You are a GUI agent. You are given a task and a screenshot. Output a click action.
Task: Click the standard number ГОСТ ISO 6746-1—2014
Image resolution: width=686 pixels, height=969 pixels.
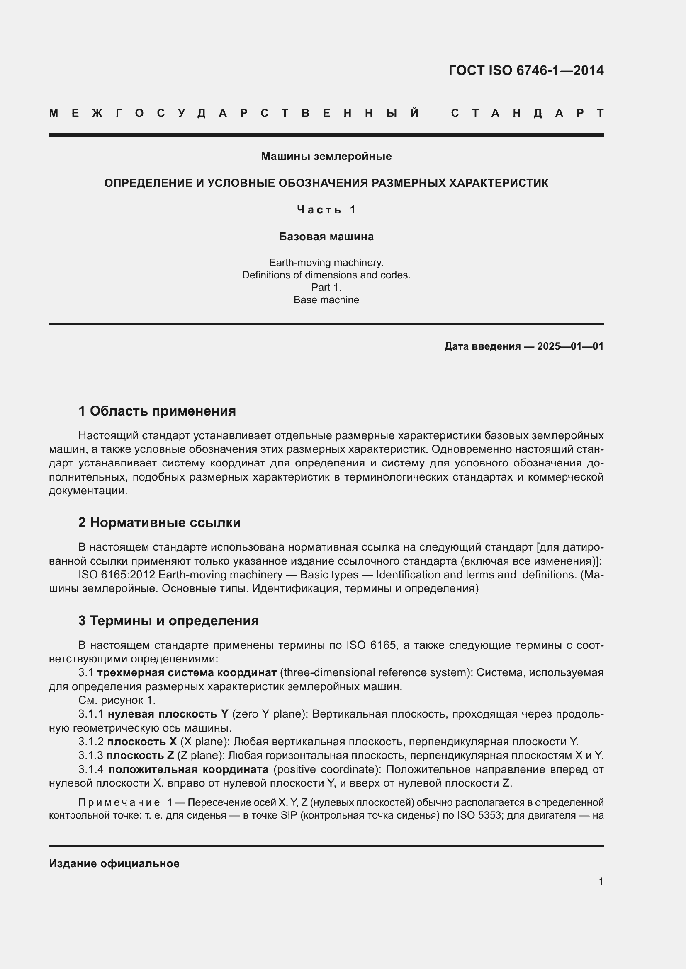pyautogui.click(x=526, y=70)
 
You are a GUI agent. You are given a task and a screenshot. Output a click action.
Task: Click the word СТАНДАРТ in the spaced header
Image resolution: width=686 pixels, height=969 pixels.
pyautogui.click(x=527, y=113)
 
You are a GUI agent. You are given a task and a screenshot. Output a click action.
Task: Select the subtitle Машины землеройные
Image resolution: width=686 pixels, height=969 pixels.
pyautogui.click(x=326, y=156)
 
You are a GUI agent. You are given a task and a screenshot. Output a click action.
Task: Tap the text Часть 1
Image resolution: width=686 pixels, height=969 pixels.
pyautogui.click(x=326, y=209)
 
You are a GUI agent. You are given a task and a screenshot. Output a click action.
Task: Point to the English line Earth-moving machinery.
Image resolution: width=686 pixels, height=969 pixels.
pyautogui.click(x=326, y=263)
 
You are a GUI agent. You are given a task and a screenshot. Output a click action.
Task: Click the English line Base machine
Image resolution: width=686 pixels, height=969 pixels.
pyautogui.click(x=326, y=300)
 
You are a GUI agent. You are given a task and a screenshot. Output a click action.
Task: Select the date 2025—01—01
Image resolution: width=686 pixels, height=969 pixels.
pyautogui.click(x=570, y=346)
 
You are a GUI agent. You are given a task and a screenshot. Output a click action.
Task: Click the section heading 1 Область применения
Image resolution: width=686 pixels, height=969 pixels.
pyautogui.click(x=157, y=411)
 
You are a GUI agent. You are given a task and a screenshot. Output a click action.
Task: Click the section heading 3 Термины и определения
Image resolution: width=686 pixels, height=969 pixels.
pyautogui.click(x=168, y=621)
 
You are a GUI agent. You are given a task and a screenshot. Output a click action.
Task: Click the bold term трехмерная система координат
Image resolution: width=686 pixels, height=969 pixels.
pyautogui.click(x=187, y=672)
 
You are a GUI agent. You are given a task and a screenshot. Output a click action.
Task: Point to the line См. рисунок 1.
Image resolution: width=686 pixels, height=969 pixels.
pyautogui.click(x=117, y=700)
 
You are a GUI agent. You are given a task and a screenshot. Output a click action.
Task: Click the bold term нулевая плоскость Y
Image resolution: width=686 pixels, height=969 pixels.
pyautogui.click(x=168, y=714)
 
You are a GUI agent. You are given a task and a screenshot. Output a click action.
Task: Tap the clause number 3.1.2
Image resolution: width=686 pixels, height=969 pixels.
pyautogui.click(x=90, y=742)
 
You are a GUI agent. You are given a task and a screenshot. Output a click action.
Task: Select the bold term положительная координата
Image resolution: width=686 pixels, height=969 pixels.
pyautogui.click(x=191, y=769)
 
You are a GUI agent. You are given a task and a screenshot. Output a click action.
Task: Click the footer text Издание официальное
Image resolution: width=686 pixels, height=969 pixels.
pyautogui.click(x=114, y=863)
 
